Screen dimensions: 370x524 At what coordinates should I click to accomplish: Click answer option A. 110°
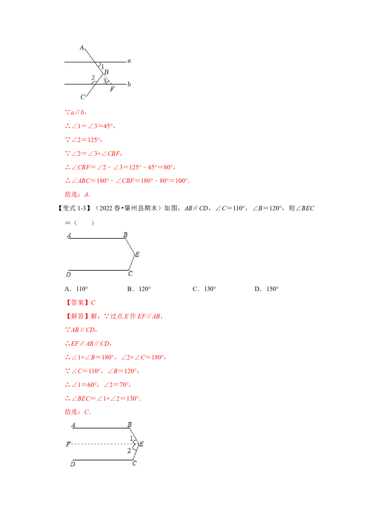pyautogui.click(x=76, y=289)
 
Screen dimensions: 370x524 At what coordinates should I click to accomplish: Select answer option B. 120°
pyautogui.click(x=139, y=289)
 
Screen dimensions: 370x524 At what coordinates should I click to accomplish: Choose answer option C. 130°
pyautogui.click(x=204, y=289)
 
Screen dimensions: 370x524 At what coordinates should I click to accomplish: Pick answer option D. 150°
pyautogui.click(x=266, y=289)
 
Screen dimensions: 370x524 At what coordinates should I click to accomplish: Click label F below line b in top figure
pyautogui.click(x=112, y=89)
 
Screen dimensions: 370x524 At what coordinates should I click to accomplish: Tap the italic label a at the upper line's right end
pyautogui.click(x=129, y=61)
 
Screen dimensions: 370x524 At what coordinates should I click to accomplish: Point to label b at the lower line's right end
pyautogui.click(x=129, y=84)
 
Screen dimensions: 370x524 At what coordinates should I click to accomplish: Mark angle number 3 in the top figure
pyautogui.click(x=104, y=81)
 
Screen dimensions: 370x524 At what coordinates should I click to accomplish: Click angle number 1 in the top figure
pyautogui.click(x=103, y=67)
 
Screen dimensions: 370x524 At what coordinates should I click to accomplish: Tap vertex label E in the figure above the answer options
pyautogui.click(x=137, y=254)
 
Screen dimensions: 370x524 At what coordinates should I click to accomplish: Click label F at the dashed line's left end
pyautogui.click(x=68, y=444)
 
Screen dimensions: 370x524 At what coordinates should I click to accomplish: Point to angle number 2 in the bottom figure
pyautogui.click(x=129, y=451)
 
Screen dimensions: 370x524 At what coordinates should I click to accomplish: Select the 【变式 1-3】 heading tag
pyautogui.click(x=72, y=208)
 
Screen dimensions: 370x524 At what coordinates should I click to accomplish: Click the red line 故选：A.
pyautogui.click(x=78, y=194)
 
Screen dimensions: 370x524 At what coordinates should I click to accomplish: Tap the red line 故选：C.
pyautogui.click(x=78, y=412)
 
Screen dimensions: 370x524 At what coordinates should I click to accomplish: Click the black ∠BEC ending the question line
pyautogui.click(x=305, y=208)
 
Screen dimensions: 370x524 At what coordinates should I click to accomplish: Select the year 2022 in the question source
pyautogui.click(x=106, y=208)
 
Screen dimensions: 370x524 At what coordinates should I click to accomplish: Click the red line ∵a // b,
pyautogui.click(x=76, y=112)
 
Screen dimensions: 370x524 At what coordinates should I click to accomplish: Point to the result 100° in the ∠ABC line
pyautogui.click(x=181, y=181)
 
